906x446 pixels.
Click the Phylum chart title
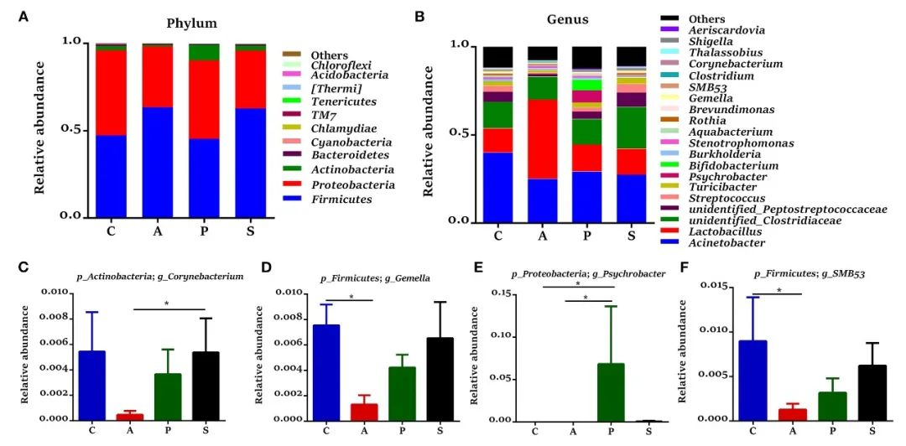(193, 23)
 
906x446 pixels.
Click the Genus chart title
(566, 19)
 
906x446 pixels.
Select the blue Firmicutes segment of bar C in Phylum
(111, 175)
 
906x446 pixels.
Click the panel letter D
(266, 269)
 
